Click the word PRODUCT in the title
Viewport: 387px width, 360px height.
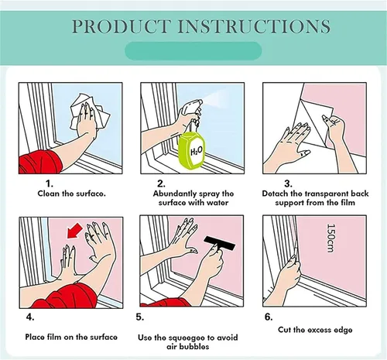(121, 26)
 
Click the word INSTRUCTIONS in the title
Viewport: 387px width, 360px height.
(254, 26)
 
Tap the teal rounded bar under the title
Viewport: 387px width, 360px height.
(193, 51)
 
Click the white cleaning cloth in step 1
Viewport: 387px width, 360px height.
(90, 112)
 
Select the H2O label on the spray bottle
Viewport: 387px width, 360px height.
(197, 150)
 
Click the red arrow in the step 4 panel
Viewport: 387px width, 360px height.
(74, 231)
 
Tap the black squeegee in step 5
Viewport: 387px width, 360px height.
(219, 243)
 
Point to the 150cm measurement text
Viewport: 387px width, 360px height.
(331, 238)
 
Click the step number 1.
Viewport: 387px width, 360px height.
(50, 183)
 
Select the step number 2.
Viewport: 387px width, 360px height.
(161, 183)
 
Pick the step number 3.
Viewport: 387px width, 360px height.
(288, 183)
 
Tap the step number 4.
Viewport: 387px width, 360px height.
(30, 317)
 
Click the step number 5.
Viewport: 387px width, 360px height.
(140, 317)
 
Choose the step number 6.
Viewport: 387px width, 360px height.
(269, 317)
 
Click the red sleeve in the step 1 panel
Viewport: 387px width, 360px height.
(40, 162)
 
